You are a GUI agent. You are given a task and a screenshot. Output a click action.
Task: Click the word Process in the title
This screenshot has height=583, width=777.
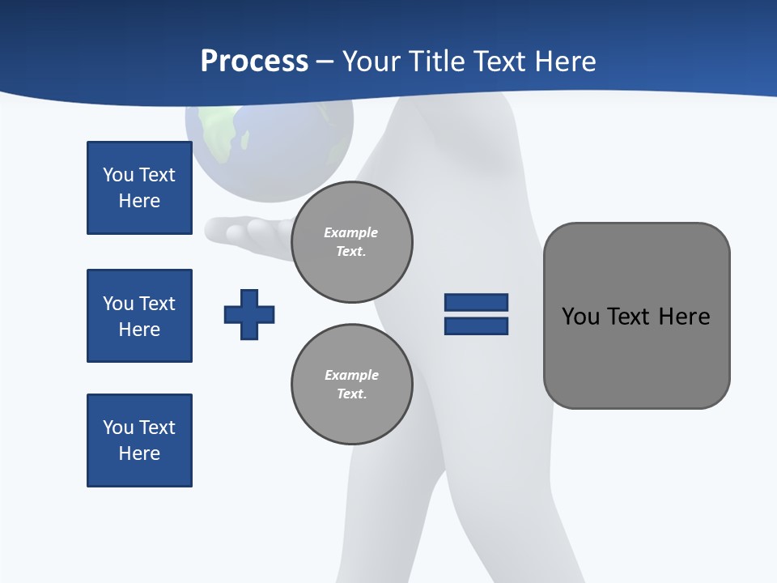pyautogui.click(x=254, y=62)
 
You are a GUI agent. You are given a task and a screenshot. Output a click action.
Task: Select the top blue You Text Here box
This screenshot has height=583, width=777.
pyautogui.click(x=139, y=188)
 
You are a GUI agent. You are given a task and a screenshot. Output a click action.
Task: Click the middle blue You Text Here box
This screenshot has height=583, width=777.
pyautogui.click(x=139, y=316)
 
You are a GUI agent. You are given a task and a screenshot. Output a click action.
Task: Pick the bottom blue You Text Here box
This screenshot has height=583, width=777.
pyautogui.click(x=139, y=440)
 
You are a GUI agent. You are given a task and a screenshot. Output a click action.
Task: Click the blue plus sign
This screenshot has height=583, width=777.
pyautogui.click(x=249, y=314)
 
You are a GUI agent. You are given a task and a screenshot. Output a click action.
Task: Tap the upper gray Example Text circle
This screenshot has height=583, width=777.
pyautogui.click(x=351, y=242)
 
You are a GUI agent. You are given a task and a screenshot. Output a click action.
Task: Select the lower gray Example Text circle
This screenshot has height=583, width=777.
pyautogui.click(x=351, y=385)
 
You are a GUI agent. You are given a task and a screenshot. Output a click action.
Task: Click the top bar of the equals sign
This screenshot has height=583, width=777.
pyautogui.click(x=476, y=302)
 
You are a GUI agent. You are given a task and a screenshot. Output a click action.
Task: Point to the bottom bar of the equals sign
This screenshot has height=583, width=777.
pyautogui.click(x=476, y=326)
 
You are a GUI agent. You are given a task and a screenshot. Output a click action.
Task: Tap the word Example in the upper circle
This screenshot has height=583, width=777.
pyautogui.click(x=351, y=233)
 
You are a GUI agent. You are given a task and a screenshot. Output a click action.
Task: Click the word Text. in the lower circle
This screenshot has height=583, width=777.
pyautogui.click(x=351, y=394)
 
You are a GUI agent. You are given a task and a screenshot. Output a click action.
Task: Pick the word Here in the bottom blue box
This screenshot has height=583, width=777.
pyautogui.click(x=139, y=453)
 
